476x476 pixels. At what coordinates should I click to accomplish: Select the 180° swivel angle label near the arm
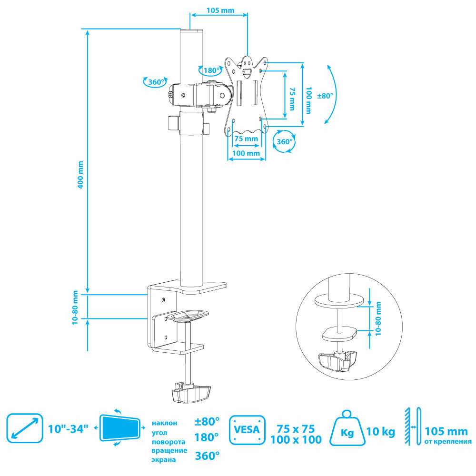(211, 70)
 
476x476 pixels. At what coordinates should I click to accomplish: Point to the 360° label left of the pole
(155, 82)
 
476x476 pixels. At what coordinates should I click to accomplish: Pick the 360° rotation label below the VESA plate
(285, 141)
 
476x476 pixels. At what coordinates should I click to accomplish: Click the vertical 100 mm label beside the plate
(309, 99)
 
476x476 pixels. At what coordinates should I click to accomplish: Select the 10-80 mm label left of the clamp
(75, 308)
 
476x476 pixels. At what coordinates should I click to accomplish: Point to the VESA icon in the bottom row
(247, 430)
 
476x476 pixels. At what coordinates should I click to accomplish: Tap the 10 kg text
(381, 432)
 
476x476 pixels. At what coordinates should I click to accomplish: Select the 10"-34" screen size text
(69, 428)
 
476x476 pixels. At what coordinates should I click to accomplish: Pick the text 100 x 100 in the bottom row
(296, 439)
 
